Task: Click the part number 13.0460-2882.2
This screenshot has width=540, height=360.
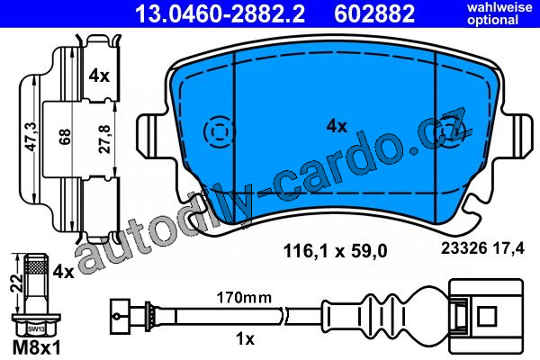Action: pyautogui.click(x=220, y=13)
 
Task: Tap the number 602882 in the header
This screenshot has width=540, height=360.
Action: pyautogui.click(x=374, y=13)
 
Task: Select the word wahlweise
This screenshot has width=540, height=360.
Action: pyautogui.click(x=499, y=7)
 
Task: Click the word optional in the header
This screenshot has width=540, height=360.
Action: pyautogui.click(x=493, y=20)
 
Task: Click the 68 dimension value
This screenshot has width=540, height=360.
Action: pyautogui.click(x=65, y=137)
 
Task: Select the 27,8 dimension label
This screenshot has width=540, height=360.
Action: pyautogui.click(x=105, y=139)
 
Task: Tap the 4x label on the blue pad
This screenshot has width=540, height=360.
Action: pyautogui.click(x=337, y=126)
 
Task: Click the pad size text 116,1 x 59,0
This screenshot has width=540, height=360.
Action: pyautogui.click(x=335, y=250)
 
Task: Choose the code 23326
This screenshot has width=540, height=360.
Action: pyautogui.click(x=463, y=248)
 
